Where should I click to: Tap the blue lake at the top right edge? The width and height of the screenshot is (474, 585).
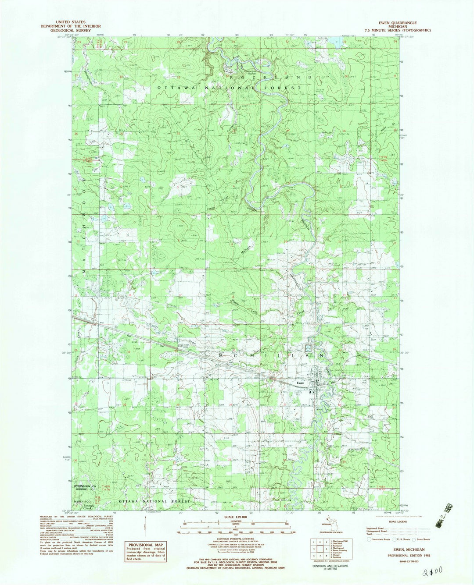[338, 43]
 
